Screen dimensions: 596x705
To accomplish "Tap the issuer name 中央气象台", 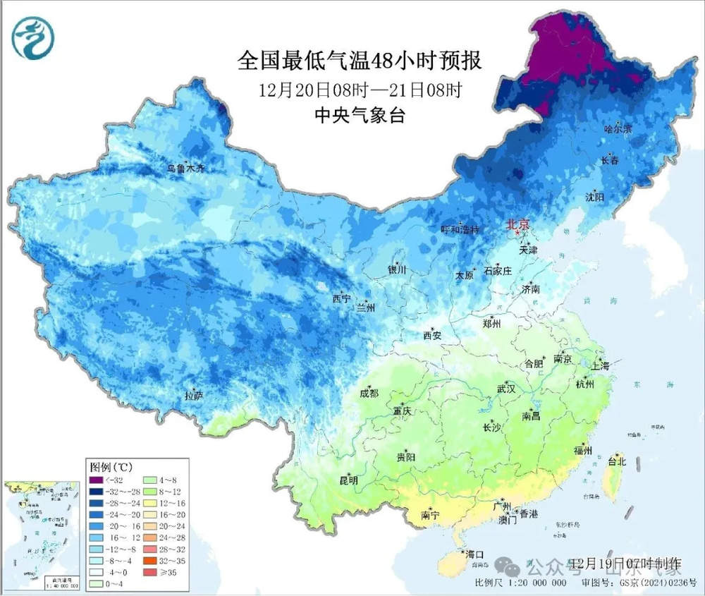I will coord(360,116).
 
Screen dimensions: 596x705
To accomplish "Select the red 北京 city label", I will coord(517,226).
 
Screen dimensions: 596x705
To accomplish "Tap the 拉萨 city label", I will coord(193,396).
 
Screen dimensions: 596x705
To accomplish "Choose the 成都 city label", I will coord(369,394).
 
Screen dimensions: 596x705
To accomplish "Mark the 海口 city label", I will coord(473,553).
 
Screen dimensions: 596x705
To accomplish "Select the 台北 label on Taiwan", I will coord(618,461).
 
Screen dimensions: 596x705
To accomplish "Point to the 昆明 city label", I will coord(348,481).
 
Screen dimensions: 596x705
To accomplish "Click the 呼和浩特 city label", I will coord(460,230).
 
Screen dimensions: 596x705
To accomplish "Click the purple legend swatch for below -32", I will coord(95,481).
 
